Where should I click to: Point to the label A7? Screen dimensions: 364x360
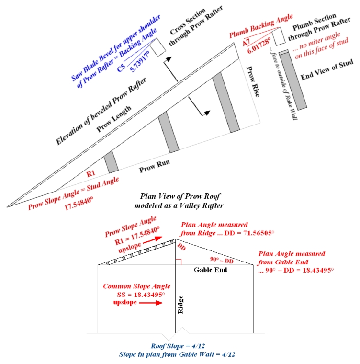click(x=246, y=43)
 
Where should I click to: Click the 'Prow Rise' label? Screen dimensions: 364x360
click(x=252, y=82)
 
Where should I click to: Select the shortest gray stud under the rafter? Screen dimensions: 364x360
click(x=111, y=161)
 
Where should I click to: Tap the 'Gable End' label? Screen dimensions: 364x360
click(x=209, y=270)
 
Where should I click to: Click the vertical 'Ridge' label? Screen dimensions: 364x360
click(x=181, y=304)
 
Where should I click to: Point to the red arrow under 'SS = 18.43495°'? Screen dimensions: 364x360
click(x=152, y=304)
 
